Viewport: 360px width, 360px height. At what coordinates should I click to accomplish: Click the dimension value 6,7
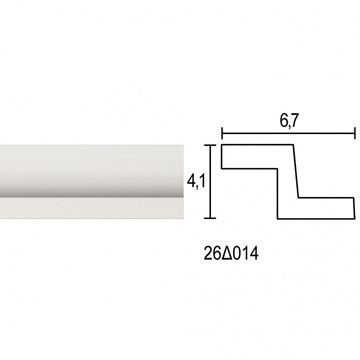tap(288, 122)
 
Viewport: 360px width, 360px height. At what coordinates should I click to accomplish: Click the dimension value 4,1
tap(195, 182)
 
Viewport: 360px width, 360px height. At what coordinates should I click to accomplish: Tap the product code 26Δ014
tap(231, 254)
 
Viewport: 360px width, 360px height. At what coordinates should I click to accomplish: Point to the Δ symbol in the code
tap(226, 254)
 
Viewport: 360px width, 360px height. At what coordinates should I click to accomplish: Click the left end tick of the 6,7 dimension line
tap(222, 133)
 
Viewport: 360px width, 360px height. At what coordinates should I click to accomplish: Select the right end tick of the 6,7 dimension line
tap(355, 133)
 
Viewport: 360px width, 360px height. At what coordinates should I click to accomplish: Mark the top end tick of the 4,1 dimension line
tap(210, 145)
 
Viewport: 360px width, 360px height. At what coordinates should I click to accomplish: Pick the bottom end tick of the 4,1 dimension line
tap(210, 218)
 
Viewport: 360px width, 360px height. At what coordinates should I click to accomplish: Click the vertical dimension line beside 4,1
tap(210, 182)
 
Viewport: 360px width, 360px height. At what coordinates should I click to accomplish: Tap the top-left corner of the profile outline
tap(222, 145)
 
